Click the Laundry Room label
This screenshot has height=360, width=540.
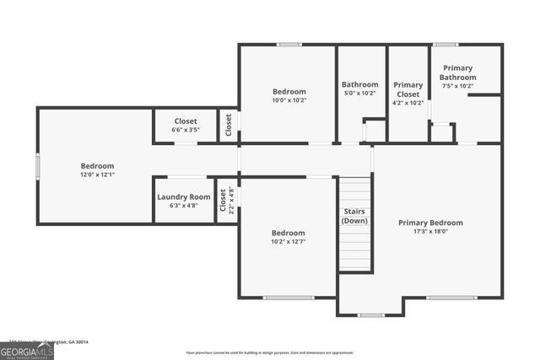coord(183,196)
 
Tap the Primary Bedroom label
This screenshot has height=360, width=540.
coord(430,223)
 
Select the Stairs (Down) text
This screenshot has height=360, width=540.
coord(354,215)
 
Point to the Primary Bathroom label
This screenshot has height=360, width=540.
coord(457,73)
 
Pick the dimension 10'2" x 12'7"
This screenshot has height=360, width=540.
coord(288,242)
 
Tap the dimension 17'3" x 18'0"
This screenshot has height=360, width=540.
coord(430,232)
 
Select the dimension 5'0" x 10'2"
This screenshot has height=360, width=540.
coord(359,93)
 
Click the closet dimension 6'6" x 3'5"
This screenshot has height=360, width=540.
coord(185,131)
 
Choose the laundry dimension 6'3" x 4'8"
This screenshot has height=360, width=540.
coord(183,205)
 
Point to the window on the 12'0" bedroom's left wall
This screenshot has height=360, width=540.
coord(37,166)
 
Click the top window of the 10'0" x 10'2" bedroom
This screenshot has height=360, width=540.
coord(289,45)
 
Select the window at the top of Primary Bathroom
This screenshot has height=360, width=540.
coord(445,45)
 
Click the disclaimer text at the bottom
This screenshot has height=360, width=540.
coord(270,352)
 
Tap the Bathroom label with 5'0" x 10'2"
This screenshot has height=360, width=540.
coord(359,84)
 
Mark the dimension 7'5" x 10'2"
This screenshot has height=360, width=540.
coord(457,86)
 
